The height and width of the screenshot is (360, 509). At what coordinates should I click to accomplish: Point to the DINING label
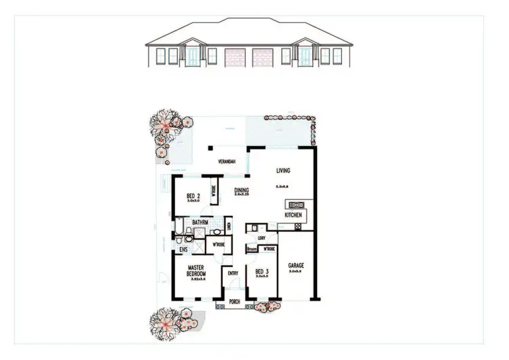click(x=242, y=191)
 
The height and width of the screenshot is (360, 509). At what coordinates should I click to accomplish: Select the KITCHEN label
click(x=293, y=215)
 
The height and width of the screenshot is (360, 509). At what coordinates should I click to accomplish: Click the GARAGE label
click(x=295, y=266)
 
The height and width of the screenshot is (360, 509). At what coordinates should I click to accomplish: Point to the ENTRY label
click(x=233, y=274)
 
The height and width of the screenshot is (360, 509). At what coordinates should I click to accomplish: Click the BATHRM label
click(x=200, y=222)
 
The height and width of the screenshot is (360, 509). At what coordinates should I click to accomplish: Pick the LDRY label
click(x=262, y=238)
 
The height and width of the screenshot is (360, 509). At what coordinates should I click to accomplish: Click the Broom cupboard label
click(x=252, y=249)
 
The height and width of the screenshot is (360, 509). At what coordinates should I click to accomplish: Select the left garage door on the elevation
click(x=234, y=56)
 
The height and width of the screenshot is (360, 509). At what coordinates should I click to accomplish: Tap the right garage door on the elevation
click(x=261, y=56)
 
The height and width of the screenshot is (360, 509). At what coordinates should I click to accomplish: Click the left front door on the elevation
click(x=194, y=57)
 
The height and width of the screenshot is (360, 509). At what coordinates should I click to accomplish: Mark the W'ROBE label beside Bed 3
click(x=268, y=249)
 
